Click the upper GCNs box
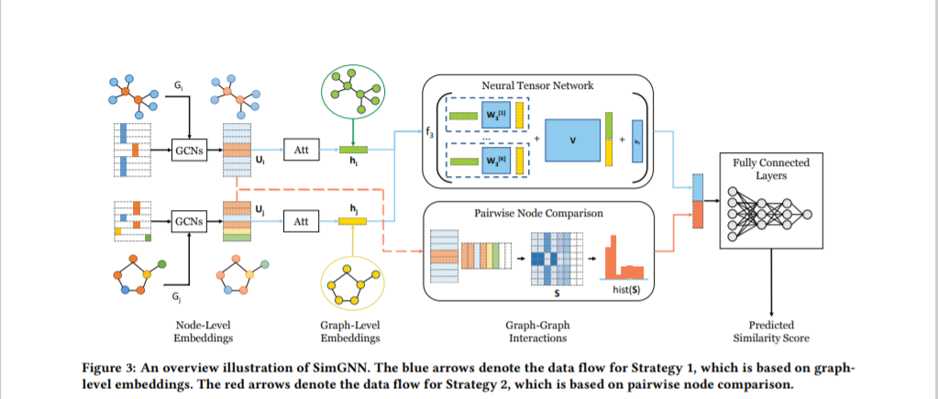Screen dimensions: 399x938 189,148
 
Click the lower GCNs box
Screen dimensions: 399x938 189,221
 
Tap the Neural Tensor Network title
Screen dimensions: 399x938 538,85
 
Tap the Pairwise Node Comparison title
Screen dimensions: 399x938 538,212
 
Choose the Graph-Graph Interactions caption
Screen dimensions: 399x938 538,331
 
